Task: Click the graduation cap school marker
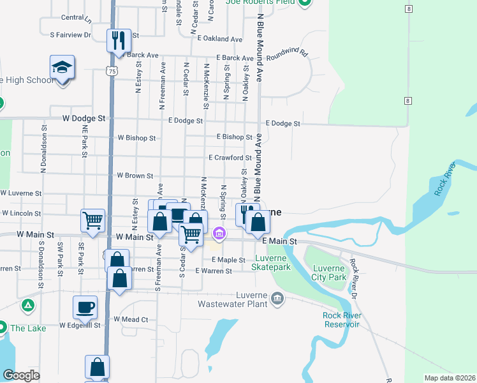[x=62, y=67]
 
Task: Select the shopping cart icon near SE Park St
[x=93, y=221]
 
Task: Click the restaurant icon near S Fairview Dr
[x=118, y=41]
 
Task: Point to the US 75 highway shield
[x=112, y=72]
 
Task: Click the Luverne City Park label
[x=329, y=273]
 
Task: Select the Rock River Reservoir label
[x=342, y=320]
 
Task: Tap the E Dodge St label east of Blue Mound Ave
[x=283, y=123]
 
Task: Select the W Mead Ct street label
[x=131, y=319]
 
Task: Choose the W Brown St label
[x=135, y=176]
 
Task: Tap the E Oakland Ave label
[x=220, y=39]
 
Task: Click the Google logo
[x=21, y=375]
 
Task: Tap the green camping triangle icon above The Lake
[x=27, y=306]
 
